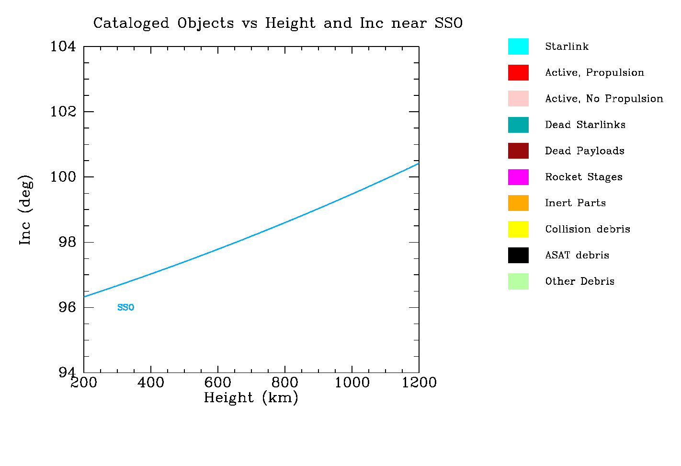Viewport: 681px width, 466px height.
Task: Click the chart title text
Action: [x=278, y=23]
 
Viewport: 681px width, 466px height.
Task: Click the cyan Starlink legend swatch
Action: [x=518, y=47]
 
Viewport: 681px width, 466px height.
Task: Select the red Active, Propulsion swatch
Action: [x=518, y=72]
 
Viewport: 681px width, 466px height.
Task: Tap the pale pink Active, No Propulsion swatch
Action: [x=518, y=98]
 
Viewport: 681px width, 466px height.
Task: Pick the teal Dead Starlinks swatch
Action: [x=518, y=125]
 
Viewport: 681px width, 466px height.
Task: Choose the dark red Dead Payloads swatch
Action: [x=518, y=151]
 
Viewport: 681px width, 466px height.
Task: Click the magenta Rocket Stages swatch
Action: [x=518, y=177]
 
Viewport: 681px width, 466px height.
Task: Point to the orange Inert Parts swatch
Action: [x=518, y=203]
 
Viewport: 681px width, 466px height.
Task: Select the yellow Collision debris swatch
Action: [x=518, y=229]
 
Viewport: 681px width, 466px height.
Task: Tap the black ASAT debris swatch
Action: [x=518, y=255]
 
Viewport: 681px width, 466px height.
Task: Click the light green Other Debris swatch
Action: [x=518, y=281]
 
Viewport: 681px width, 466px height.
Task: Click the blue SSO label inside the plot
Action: [x=125, y=307]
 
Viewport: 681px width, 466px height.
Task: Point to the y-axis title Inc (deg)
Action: [x=25, y=210]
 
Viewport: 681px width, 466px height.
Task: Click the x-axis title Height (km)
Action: [x=251, y=397]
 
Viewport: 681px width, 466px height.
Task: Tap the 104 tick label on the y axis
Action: [x=63, y=47]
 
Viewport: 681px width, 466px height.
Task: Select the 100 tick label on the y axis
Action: [x=63, y=177]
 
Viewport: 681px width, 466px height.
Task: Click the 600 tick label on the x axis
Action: [x=217, y=383]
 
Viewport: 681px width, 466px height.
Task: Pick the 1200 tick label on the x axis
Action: [x=419, y=383]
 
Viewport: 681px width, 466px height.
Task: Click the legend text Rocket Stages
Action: [x=583, y=177]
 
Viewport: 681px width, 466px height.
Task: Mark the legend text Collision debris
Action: [x=587, y=229]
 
